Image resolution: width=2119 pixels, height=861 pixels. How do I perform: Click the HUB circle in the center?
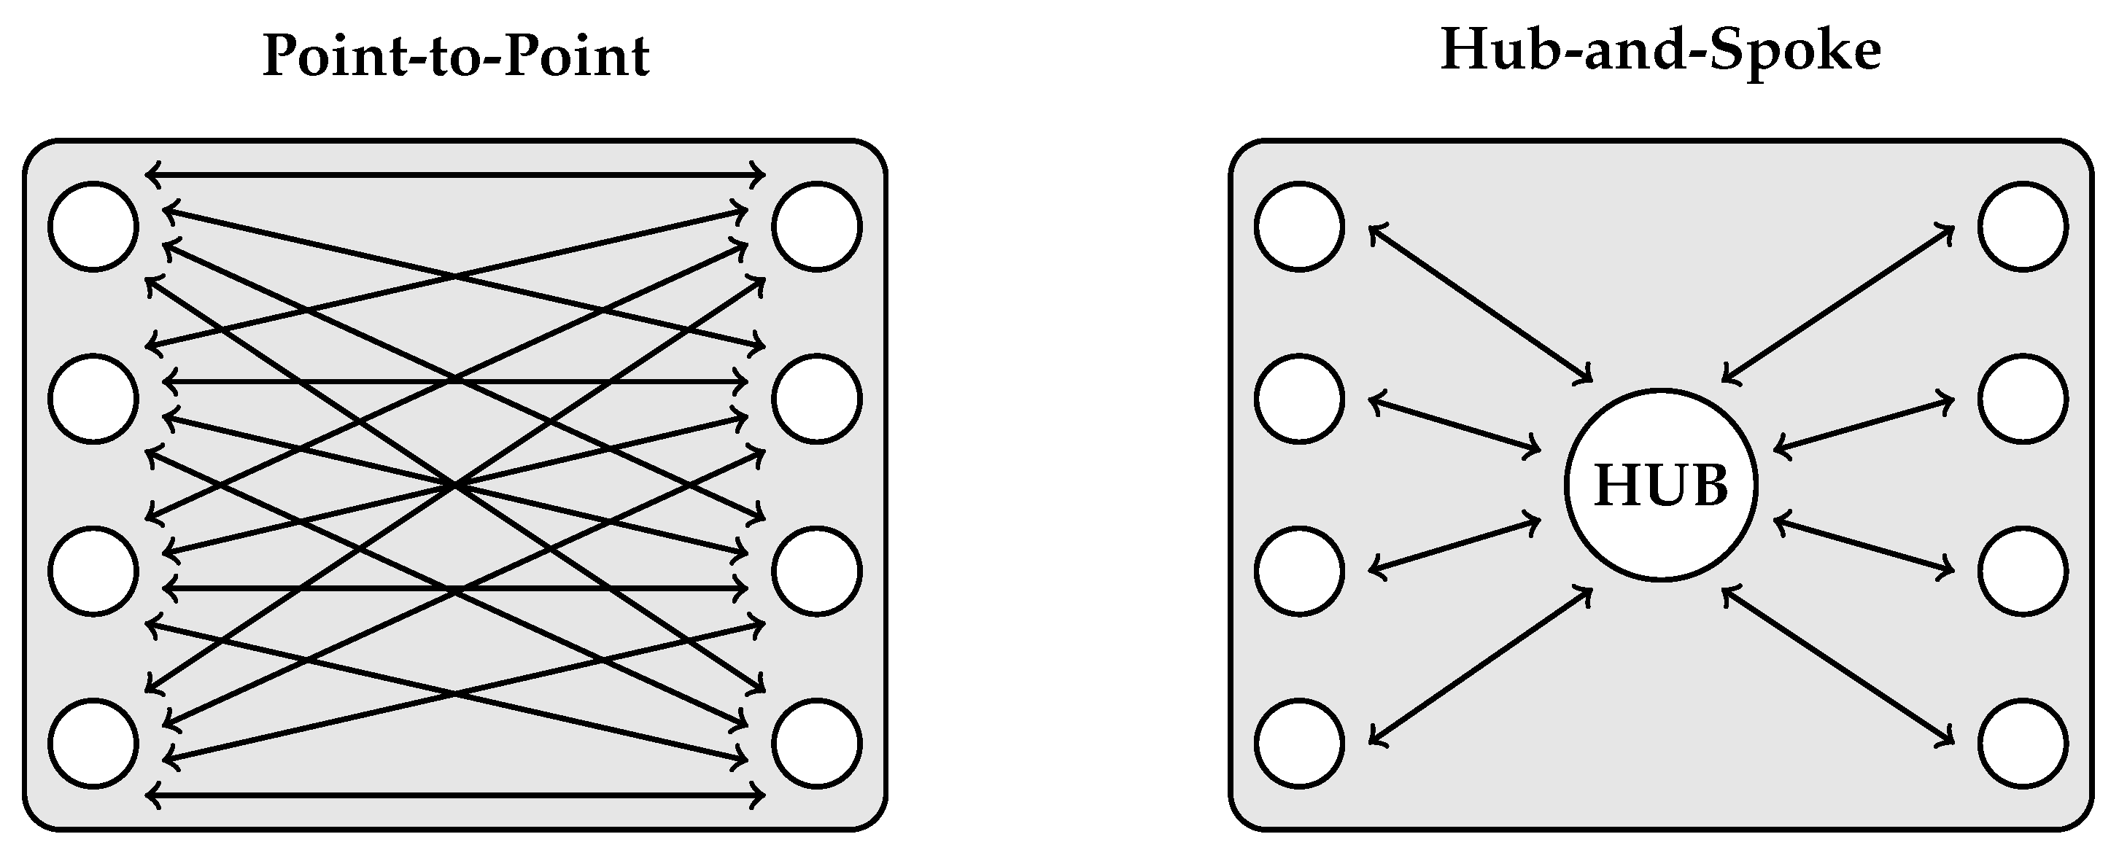1661,486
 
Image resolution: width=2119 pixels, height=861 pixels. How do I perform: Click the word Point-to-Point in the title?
456,56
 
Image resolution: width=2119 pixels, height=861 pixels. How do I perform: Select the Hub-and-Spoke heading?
1661,51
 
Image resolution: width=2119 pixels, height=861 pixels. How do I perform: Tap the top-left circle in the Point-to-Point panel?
93,226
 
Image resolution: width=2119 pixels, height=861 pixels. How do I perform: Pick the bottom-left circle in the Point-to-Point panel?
93,744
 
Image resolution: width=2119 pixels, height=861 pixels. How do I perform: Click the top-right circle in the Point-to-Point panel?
817,226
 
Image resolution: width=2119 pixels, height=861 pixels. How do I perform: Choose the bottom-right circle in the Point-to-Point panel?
817,744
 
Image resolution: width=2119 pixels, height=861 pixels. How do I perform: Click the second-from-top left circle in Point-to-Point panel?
93,399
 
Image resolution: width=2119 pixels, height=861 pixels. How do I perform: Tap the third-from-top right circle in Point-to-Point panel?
817,571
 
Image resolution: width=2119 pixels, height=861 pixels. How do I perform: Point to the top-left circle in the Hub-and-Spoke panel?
1300,226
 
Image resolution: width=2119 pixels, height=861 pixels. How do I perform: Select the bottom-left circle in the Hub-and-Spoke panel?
1300,744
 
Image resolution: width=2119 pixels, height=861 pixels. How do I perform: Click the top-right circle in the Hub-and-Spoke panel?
2023,226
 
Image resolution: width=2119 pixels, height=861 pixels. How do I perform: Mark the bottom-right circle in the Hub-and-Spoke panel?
2023,744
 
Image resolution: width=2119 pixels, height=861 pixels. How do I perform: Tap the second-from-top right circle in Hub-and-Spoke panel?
2023,399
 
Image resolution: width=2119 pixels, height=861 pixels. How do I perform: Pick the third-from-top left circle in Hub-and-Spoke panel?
1300,571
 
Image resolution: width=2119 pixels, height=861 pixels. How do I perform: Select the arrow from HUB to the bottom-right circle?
1838,666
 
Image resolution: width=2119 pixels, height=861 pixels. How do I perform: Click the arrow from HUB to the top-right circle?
1838,303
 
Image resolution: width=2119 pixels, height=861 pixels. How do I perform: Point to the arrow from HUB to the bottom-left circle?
1481,666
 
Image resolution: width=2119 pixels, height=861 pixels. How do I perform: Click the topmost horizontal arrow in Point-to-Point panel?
456,174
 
